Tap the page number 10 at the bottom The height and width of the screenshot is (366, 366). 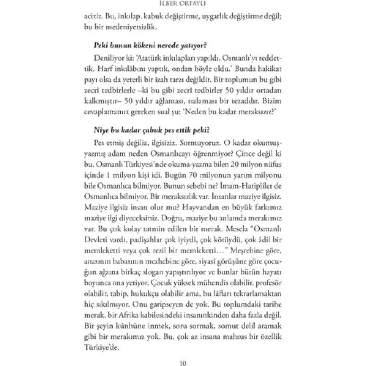click(183, 363)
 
